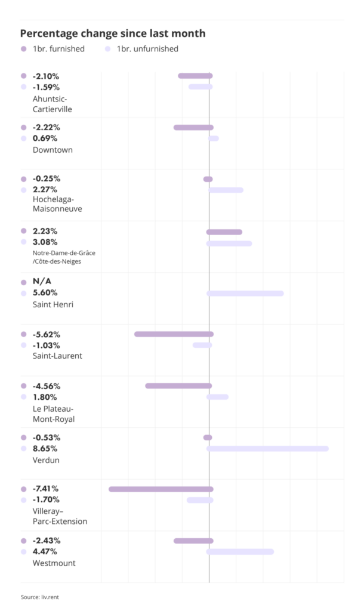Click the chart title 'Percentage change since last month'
pyautogui.click(x=113, y=34)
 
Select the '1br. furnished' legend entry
pyautogui.click(x=58, y=49)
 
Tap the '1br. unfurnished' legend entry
pyautogui.click(x=147, y=49)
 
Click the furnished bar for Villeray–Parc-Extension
pyautogui.click(x=161, y=489)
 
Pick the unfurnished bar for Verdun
pyautogui.click(x=268, y=448)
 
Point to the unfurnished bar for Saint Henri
pyautogui.click(x=245, y=294)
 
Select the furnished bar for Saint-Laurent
pyautogui.click(x=174, y=334)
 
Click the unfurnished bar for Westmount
pyautogui.click(x=240, y=552)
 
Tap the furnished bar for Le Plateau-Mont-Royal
pyautogui.click(x=178, y=386)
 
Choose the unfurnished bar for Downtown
pyautogui.click(x=214, y=138)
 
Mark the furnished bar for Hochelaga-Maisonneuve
pyautogui.click(x=208, y=179)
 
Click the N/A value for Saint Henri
pyautogui.click(x=42, y=282)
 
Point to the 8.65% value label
pyautogui.click(x=46, y=448)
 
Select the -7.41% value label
pyautogui.click(x=46, y=489)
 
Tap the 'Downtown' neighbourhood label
pyautogui.click(x=53, y=150)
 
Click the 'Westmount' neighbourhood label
pyautogui.click(x=54, y=563)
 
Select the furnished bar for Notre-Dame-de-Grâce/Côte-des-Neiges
pyautogui.click(x=224, y=232)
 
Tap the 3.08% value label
pyautogui.click(x=46, y=242)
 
